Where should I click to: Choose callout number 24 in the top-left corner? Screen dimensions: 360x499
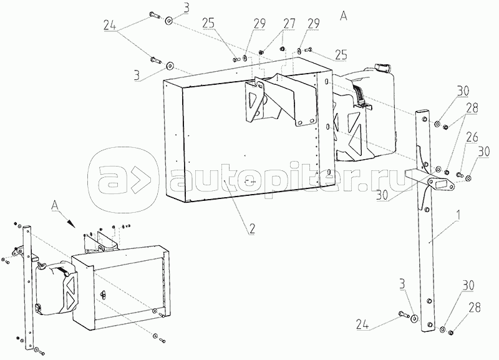pos(110,27)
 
